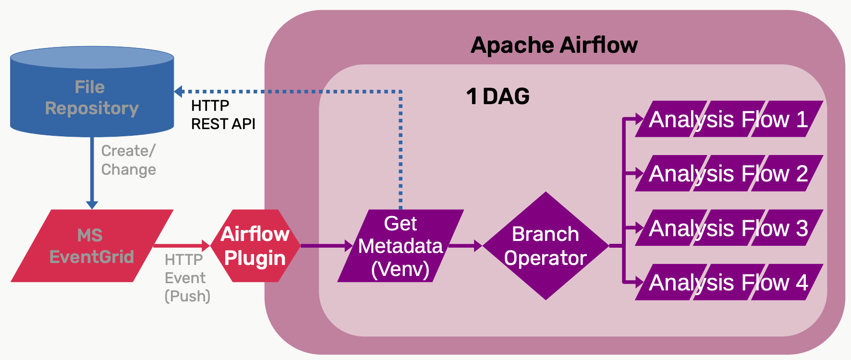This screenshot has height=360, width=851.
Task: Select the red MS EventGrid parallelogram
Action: click(91, 246)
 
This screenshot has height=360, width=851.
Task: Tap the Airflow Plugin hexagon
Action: click(255, 246)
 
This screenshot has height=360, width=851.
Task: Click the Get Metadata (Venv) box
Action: click(401, 246)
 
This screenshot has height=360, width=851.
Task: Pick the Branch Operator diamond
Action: click(545, 246)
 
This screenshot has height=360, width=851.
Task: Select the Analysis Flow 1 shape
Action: click(729, 119)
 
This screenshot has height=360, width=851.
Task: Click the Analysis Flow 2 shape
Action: click(729, 173)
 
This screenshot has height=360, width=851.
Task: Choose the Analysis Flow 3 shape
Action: click(729, 228)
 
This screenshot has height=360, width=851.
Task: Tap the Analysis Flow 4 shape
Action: click(729, 282)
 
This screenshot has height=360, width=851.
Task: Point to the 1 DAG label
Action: click(498, 96)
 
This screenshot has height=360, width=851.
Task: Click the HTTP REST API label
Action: click(223, 115)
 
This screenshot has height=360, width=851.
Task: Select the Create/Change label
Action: click(128, 160)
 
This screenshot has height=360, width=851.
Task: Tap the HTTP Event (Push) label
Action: click(187, 278)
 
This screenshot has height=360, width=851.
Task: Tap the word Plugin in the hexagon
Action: click(255, 258)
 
